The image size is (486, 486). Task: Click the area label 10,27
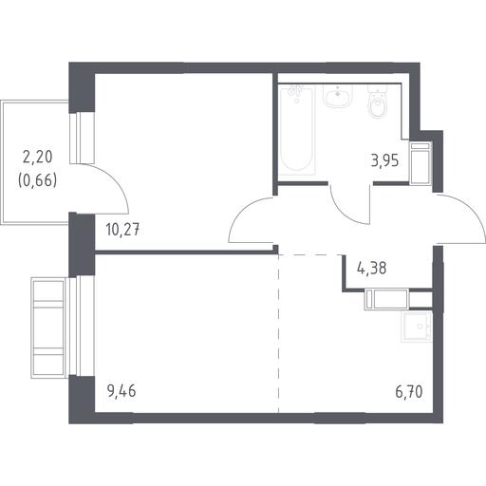tap(122, 230)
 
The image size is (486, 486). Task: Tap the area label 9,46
tap(121, 391)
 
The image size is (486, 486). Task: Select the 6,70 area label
tap(409, 392)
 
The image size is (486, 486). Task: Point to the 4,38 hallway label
tap(371, 269)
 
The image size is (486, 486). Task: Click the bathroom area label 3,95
tap(384, 161)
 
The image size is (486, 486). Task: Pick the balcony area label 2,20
tap(37, 157)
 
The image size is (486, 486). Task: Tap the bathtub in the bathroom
tap(297, 130)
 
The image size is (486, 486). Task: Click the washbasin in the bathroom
tap(338, 96)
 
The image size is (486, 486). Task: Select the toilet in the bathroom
tap(378, 102)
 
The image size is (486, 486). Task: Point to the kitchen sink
tap(417, 327)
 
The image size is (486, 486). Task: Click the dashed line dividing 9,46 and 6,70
tap(278, 333)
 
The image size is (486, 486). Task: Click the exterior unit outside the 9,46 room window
tap(48, 327)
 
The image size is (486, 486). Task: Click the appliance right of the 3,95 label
tap(421, 163)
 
